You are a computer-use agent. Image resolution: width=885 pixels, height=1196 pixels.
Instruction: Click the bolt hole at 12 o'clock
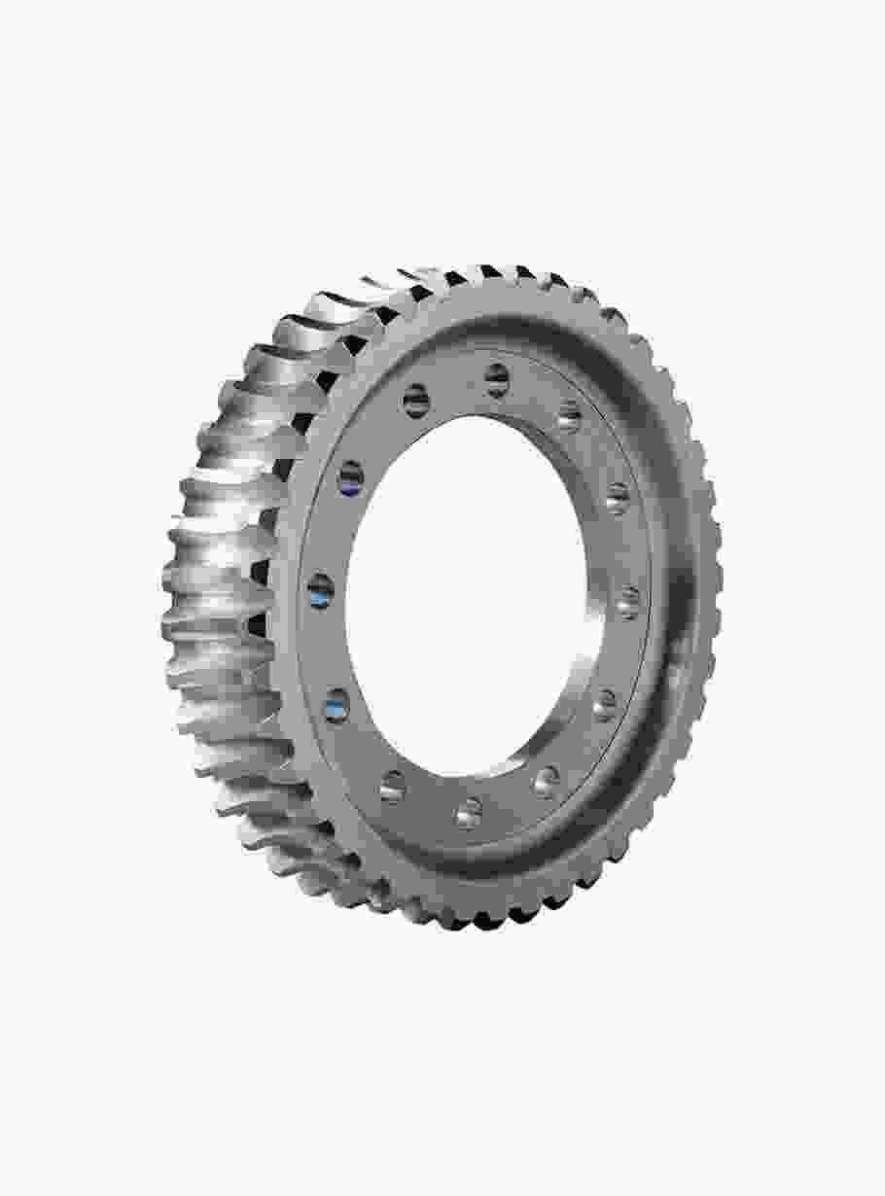pyautogui.click(x=497, y=378)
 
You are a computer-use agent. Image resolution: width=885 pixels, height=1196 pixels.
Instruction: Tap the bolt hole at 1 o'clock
pyautogui.click(x=568, y=419)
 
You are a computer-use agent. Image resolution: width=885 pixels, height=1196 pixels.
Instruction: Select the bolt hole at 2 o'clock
pyautogui.click(x=617, y=498)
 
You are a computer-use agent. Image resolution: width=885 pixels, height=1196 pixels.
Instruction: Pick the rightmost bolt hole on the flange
pyautogui.click(x=629, y=602)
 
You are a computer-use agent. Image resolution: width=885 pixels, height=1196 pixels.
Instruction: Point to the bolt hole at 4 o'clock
pyautogui.click(x=605, y=703)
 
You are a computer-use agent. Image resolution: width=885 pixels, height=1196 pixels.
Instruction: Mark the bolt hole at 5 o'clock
pyautogui.click(x=547, y=780)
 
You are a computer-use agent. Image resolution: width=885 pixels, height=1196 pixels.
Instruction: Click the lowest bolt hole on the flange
pyautogui.click(x=469, y=812)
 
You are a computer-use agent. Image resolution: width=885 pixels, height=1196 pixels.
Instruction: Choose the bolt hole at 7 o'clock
pyautogui.click(x=393, y=785)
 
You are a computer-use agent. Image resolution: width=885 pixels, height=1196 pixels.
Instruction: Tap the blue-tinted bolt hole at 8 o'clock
pyautogui.click(x=336, y=706)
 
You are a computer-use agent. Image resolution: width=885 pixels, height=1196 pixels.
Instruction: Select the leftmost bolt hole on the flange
pyautogui.click(x=320, y=590)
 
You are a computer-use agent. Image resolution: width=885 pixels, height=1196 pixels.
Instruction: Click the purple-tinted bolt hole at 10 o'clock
pyautogui.click(x=350, y=477)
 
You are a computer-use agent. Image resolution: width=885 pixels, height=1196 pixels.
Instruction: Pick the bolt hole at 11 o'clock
pyautogui.click(x=416, y=400)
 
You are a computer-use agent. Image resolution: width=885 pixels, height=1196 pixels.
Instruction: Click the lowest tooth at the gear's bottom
pyautogui.click(x=457, y=918)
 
